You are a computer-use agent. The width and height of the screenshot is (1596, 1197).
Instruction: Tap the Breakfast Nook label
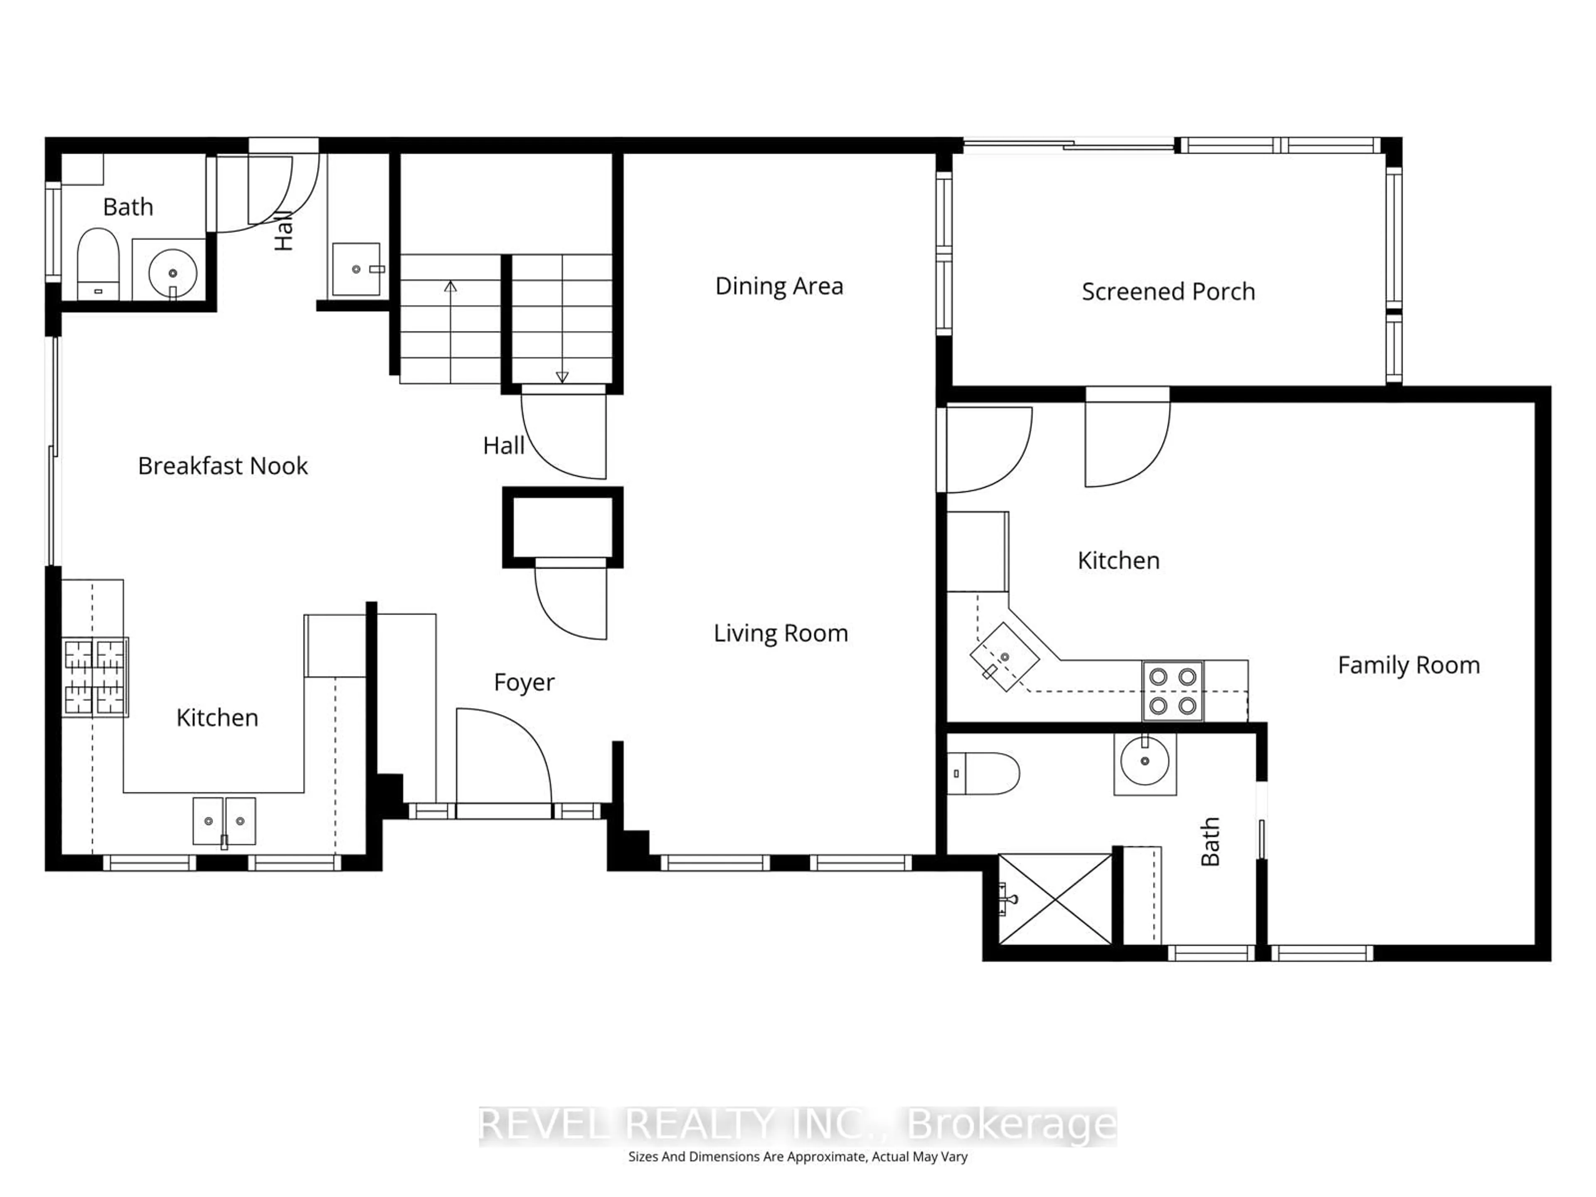click(x=222, y=466)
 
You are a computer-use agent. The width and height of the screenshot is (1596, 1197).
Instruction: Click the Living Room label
click(x=780, y=633)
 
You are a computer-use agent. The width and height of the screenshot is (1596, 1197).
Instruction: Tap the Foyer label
click(x=524, y=682)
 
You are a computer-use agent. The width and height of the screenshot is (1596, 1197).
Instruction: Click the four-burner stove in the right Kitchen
click(x=1172, y=691)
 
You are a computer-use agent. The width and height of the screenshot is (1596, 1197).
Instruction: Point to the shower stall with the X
click(x=1055, y=899)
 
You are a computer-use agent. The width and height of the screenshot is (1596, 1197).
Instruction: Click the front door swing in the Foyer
click(x=504, y=758)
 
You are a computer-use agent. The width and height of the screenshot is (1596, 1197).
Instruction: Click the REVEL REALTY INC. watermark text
click(x=797, y=1125)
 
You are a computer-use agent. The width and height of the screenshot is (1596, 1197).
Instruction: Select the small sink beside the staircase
click(x=357, y=269)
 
